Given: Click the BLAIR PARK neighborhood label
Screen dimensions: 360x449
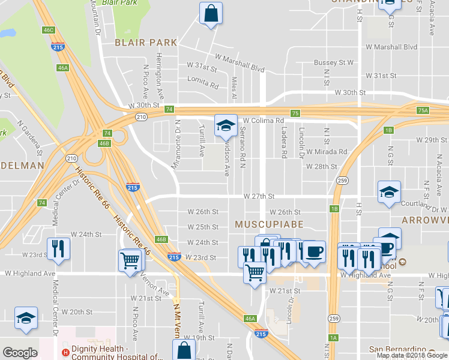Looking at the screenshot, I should (x=146, y=43).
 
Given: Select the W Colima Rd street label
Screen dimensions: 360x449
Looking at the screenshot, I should (x=263, y=121).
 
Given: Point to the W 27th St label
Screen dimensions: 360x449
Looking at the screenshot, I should (x=259, y=196).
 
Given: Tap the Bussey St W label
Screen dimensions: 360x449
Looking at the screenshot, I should (x=334, y=62).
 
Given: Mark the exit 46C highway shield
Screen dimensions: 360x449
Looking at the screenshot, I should (x=49, y=30).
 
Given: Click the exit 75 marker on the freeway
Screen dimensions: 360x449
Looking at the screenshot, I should (x=295, y=113).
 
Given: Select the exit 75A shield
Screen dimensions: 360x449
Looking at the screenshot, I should (x=423, y=110).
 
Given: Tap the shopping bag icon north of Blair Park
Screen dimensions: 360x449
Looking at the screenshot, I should (x=211, y=13).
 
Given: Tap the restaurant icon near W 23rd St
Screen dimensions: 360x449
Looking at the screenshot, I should (x=58, y=249).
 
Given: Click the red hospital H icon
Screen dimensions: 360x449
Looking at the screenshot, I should (x=64, y=353).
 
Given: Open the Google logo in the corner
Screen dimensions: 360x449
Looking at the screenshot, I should (x=20, y=353).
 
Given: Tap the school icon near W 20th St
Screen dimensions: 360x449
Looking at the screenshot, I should (x=26, y=319).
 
